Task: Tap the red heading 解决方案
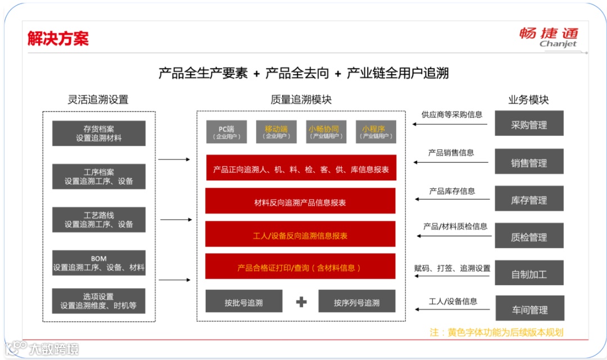pyautogui.click(x=58, y=38)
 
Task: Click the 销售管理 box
pyautogui.click(x=529, y=163)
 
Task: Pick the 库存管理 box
pyautogui.click(x=529, y=200)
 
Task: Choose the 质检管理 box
pyautogui.click(x=529, y=237)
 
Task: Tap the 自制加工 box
pyautogui.click(x=529, y=275)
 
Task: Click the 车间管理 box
pyautogui.click(x=529, y=309)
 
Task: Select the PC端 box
pyautogui.click(x=226, y=132)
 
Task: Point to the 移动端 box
pyautogui.click(x=276, y=132)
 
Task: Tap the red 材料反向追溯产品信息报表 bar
pyautogui.click(x=300, y=202)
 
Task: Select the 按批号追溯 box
pyautogui.click(x=243, y=303)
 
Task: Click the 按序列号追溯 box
pyautogui.click(x=356, y=303)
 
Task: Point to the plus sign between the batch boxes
pyautogui.click(x=301, y=302)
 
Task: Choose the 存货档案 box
pyautogui.click(x=98, y=133)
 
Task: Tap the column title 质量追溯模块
pyautogui.click(x=301, y=100)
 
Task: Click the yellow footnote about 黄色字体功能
pyautogui.click(x=496, y=332)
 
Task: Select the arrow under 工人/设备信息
pyautogui.click(x=452, y=308)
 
